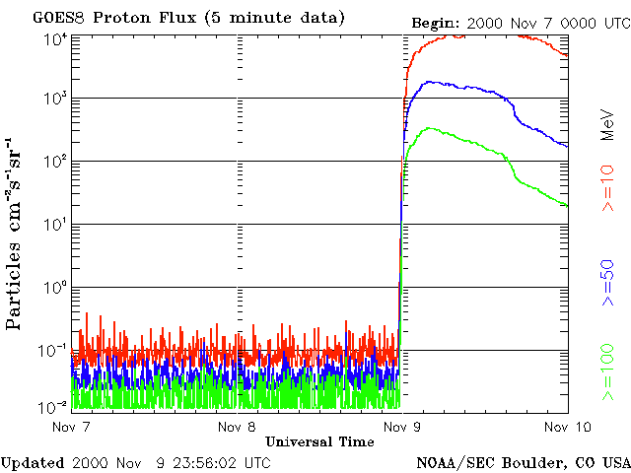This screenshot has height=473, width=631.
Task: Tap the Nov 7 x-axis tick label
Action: tap(72, 427)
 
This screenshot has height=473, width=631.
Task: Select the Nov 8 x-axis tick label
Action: tap(238, 427)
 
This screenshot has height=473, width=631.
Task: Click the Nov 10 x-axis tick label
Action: tap(566, 427)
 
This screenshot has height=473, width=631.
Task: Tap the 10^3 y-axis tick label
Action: tap(54, 100)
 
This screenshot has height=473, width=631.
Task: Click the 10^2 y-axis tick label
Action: tap(54, 163)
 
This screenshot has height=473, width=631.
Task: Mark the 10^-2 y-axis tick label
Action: tap(54, 406)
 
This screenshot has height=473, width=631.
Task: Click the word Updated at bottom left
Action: tap(33, 462)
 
